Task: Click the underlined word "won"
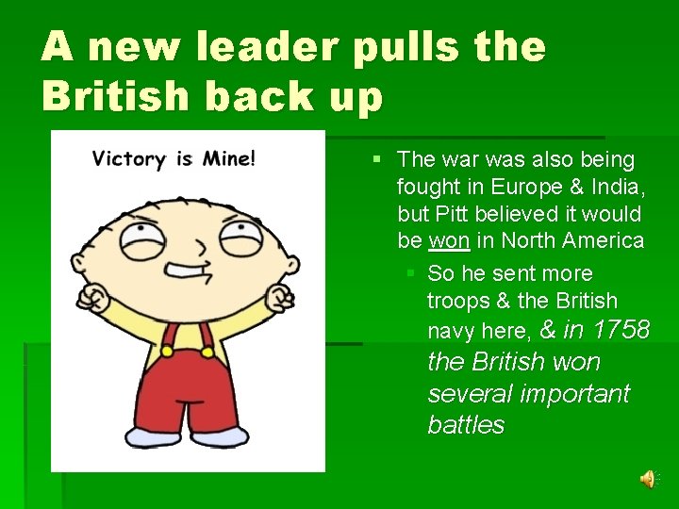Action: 448,241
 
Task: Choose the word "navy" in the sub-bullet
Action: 453,331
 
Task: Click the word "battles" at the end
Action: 466,425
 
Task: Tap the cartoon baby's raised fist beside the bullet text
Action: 280,300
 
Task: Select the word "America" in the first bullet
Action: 600,241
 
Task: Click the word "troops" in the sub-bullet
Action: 457,302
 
